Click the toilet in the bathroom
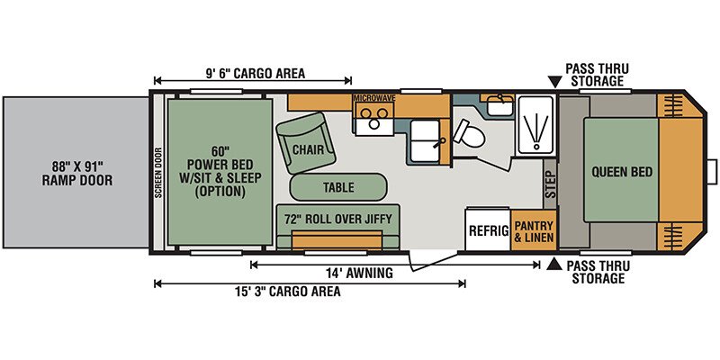click(468, 133)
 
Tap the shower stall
click(535, 124)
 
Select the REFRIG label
click(489, 230)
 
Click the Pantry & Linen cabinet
click(534, 230)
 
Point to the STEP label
click(550, 184)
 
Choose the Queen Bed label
click(622, 172)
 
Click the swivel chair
click(303, 142)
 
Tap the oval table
click(338, 187)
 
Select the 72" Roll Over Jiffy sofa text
click(338, 219)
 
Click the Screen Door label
click(158, 173)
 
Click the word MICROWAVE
click(374, 98)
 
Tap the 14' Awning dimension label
click(360, 274)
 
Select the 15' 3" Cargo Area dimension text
click(288, 292)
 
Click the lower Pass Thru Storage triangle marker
click(555, 264)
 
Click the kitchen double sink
click(425, 140)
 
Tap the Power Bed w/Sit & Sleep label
click(220, 172)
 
